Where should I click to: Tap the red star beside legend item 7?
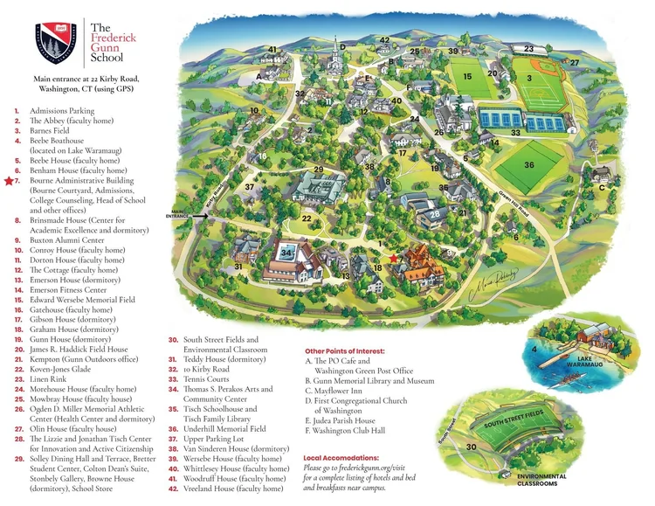tap(9, 181)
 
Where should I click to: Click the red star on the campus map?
tap(393, 259)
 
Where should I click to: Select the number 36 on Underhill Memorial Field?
tap(528, 164)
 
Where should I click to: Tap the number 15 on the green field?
tap(468, 77)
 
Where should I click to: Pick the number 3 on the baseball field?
tap(529, 78)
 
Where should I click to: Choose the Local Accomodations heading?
tap(341, 457)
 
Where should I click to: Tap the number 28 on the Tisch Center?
tap(435, 214)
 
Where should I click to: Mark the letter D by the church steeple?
tap(342, 46)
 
